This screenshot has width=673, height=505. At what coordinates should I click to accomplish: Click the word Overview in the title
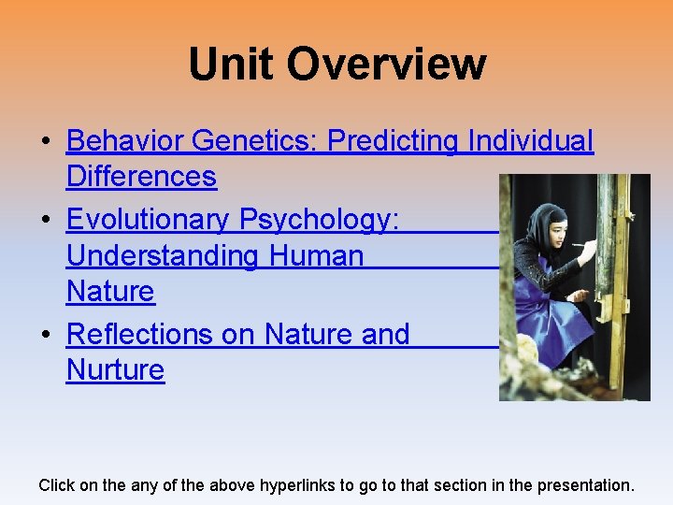[386, 65]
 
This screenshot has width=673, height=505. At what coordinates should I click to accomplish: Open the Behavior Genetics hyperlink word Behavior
[124, 140]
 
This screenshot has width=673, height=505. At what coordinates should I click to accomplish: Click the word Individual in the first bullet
[530, 140]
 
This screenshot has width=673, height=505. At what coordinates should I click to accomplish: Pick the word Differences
[141, 176]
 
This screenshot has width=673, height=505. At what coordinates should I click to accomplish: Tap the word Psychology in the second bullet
[319, 220]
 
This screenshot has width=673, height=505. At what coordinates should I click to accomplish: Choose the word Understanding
[163, 255]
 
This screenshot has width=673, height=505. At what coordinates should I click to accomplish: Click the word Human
[316, 255]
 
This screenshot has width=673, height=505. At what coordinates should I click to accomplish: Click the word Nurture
[115, 369]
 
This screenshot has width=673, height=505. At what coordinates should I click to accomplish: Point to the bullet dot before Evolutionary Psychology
[46, 221]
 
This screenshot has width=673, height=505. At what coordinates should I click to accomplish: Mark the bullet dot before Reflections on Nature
[46, 335]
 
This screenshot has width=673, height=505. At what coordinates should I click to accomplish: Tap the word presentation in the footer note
[587, 485]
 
